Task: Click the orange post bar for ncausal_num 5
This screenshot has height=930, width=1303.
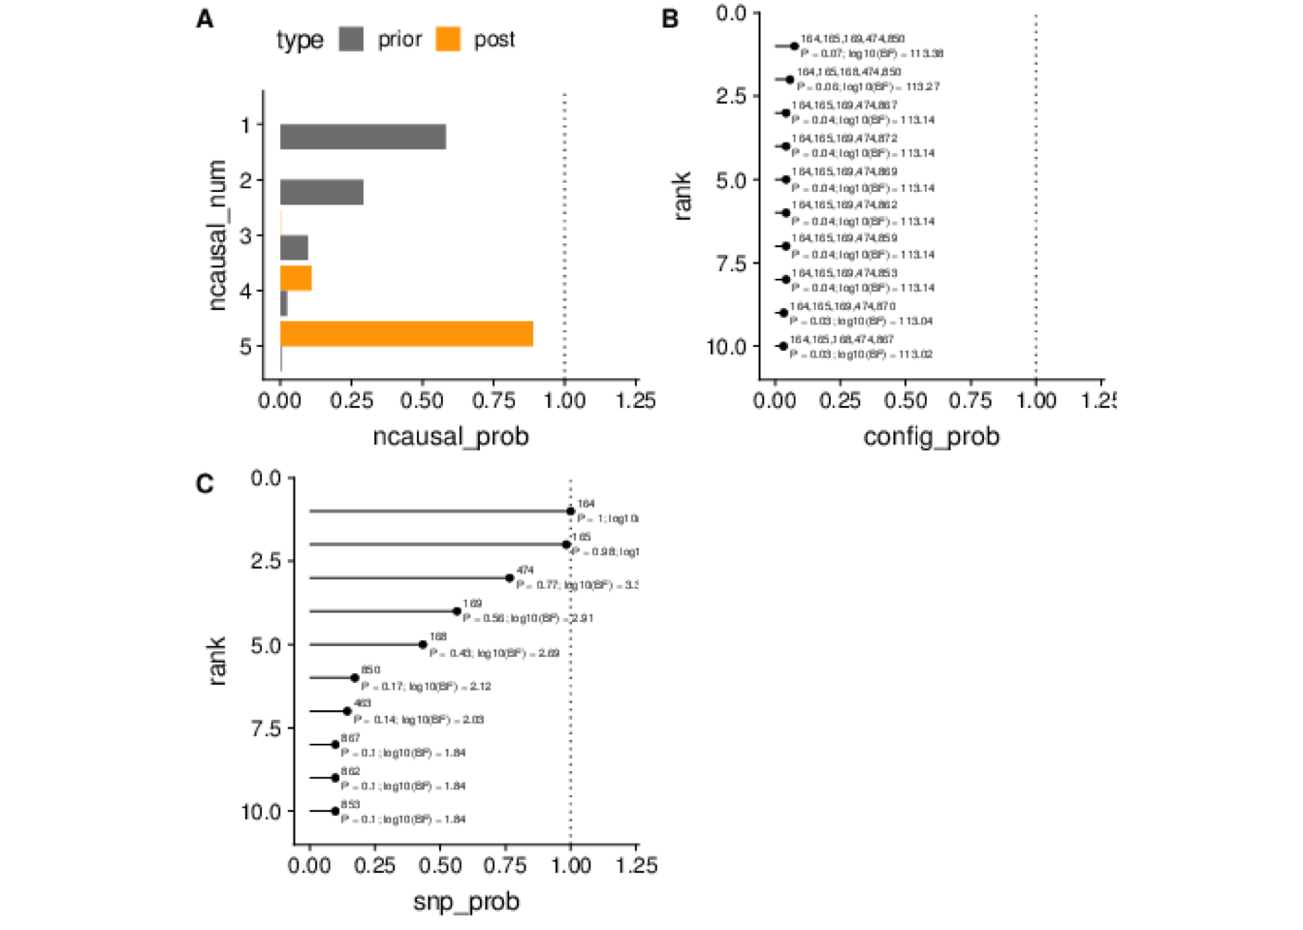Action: pyautogui.click(x=406, y=333)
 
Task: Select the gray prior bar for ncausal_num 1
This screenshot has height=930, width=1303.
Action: pyautogui.click(x=363, y=137)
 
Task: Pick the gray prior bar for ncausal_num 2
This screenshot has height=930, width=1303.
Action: pyautogui.click(x=322, y=192)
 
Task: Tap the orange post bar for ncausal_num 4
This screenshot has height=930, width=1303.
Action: pyautogui.click(x=296, y=278)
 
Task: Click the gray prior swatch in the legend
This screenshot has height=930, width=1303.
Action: pyautogui.click(x=351, y=40)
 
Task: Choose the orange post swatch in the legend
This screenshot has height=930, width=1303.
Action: pyautogui.click(x=448, y=40)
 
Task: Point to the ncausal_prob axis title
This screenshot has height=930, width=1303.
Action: pyautogui.click(x=451, y=437)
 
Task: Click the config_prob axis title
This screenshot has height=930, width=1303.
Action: pyautogui.click(x=931, y=437)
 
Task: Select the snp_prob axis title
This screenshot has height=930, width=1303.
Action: pyautogui.click(x=466, y=902)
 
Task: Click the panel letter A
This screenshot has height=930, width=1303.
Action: pyautogui.click(x=205, y=19)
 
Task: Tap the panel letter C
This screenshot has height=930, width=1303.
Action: pyautogui.click(x=205, y=483)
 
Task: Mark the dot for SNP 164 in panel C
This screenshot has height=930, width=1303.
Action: pyautogui.click(x=571, y=511)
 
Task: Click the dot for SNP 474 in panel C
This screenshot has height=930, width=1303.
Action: pyautogui.click(x=510, y=577)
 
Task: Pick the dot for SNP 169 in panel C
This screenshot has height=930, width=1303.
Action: pyautogui.click(x=457, y=611)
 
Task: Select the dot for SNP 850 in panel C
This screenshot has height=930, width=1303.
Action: pyautogui.click(x=355, y=678)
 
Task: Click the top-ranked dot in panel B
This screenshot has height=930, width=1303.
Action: pyautogui.click(x=794, y=46)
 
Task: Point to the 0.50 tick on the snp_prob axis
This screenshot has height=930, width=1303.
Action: pyautogui.click(x=440, y=865)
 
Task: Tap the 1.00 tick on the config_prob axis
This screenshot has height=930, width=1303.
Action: pyautogui.click(x=1036, y=401)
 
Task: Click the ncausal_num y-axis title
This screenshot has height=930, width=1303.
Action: pyautogui.click(x=217, y=235)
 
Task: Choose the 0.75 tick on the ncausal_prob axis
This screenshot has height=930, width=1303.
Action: pyautogui.click(x=493, y=401)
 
